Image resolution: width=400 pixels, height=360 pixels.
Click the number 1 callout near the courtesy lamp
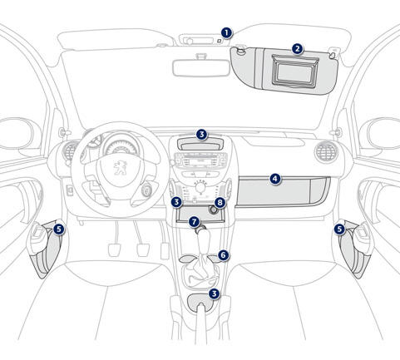226,33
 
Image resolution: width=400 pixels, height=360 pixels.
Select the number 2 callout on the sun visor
297,49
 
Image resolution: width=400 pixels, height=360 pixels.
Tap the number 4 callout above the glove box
274,179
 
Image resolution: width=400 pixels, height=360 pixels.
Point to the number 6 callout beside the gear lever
224,255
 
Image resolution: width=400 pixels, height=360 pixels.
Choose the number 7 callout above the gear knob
194,222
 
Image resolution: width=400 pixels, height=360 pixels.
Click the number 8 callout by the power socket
220,203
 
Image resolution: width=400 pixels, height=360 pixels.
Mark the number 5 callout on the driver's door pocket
58,229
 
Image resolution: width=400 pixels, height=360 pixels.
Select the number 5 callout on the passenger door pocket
339,229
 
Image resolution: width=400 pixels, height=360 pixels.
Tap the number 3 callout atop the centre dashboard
201,135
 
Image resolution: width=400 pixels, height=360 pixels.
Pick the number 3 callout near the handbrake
214,293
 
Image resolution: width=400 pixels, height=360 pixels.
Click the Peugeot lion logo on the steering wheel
120,168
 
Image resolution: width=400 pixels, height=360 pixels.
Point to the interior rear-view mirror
201,67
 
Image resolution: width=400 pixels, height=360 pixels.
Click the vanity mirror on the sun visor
295,71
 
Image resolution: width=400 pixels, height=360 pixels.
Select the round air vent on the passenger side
327,151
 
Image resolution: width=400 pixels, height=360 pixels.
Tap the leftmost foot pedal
114,249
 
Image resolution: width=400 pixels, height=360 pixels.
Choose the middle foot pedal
143,250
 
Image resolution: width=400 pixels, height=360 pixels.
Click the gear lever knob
204,240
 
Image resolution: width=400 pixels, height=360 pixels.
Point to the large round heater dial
200,188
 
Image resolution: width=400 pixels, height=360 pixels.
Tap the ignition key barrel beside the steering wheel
146,190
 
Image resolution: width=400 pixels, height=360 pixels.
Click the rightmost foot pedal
165,251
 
